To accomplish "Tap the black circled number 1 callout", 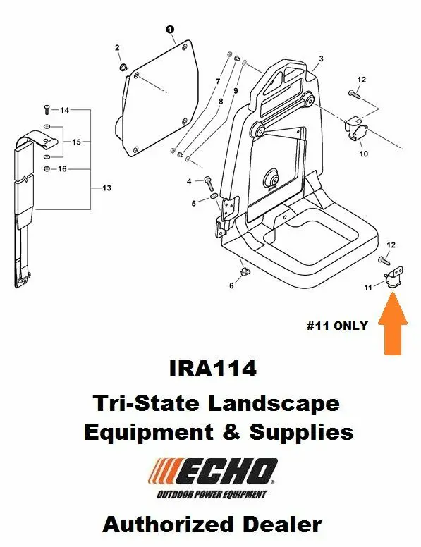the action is click(x=170, y=30).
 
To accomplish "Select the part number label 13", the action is click(x=106, y=188).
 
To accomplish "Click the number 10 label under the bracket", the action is click(x=363, y=154).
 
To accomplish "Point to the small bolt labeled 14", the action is click(x=47, y=109).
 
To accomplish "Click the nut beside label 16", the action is click(x=47, y=169).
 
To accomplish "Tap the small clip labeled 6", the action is click(x=245, y=271).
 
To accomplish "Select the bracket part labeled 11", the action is click(x=393, y=277).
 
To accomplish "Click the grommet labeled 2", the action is click(x=123, y=66).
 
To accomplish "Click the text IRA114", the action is click(x=212, y=369).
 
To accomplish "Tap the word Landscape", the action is click(x=274, y=403).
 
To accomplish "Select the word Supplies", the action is click(x=301, y=433).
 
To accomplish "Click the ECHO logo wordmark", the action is click(x=214, y=472).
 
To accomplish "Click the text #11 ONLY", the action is click(x=337, y=326).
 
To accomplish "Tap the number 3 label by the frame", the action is click(x=321, y=59).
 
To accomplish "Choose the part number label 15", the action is click(x=76, y=142).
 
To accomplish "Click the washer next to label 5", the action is click(x=214, y=198).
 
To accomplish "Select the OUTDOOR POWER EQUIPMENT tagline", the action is click(x=212, y=494).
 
